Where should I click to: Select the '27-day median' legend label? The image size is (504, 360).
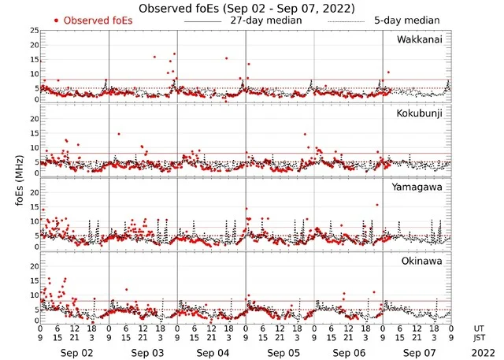coord(266,20)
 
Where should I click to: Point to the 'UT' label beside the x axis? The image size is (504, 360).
coord(480,328)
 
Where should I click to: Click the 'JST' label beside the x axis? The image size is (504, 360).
coord(480,338)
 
